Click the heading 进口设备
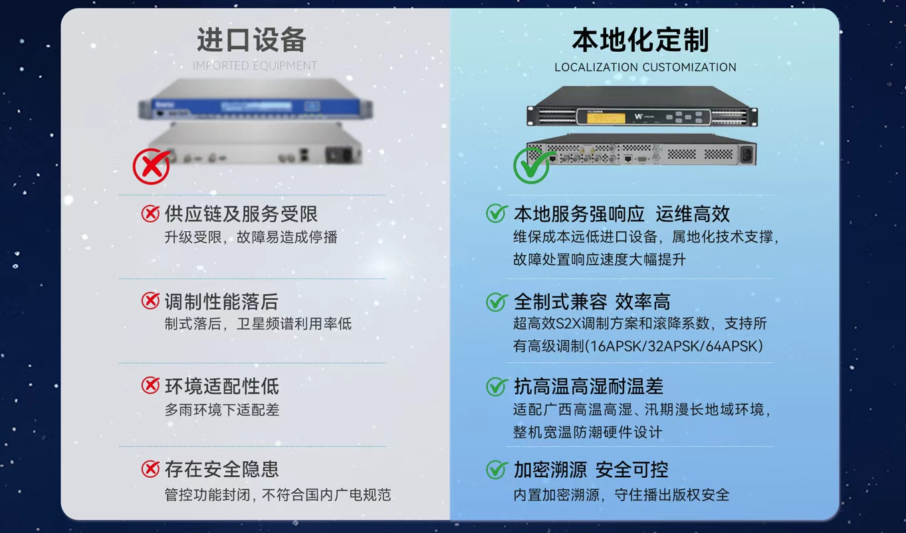click(x=251, y=40)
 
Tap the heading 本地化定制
click(x=641, y=40)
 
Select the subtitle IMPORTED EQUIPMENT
click(x=255, y=66)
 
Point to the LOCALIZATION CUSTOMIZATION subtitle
click(x=645, y=67)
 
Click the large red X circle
click(x=152, y=166)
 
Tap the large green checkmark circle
click(x=532, y=165)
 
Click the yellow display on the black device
click(x=606, y=118)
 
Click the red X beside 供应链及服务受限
click(x=150, y=213)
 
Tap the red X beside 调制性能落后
click(x=150, y=301)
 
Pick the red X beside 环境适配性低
click(x=150, y=385)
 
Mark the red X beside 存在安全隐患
click(x=150, y=469)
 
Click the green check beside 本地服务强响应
click(x=497, y=213)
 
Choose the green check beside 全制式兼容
click(x=497, y=302)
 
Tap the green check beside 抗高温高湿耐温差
click(x=497, y=386)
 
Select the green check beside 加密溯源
click(x=497, y=469)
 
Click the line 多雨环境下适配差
click(x=221, y=410)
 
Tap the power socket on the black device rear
click(x=746, y=154)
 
